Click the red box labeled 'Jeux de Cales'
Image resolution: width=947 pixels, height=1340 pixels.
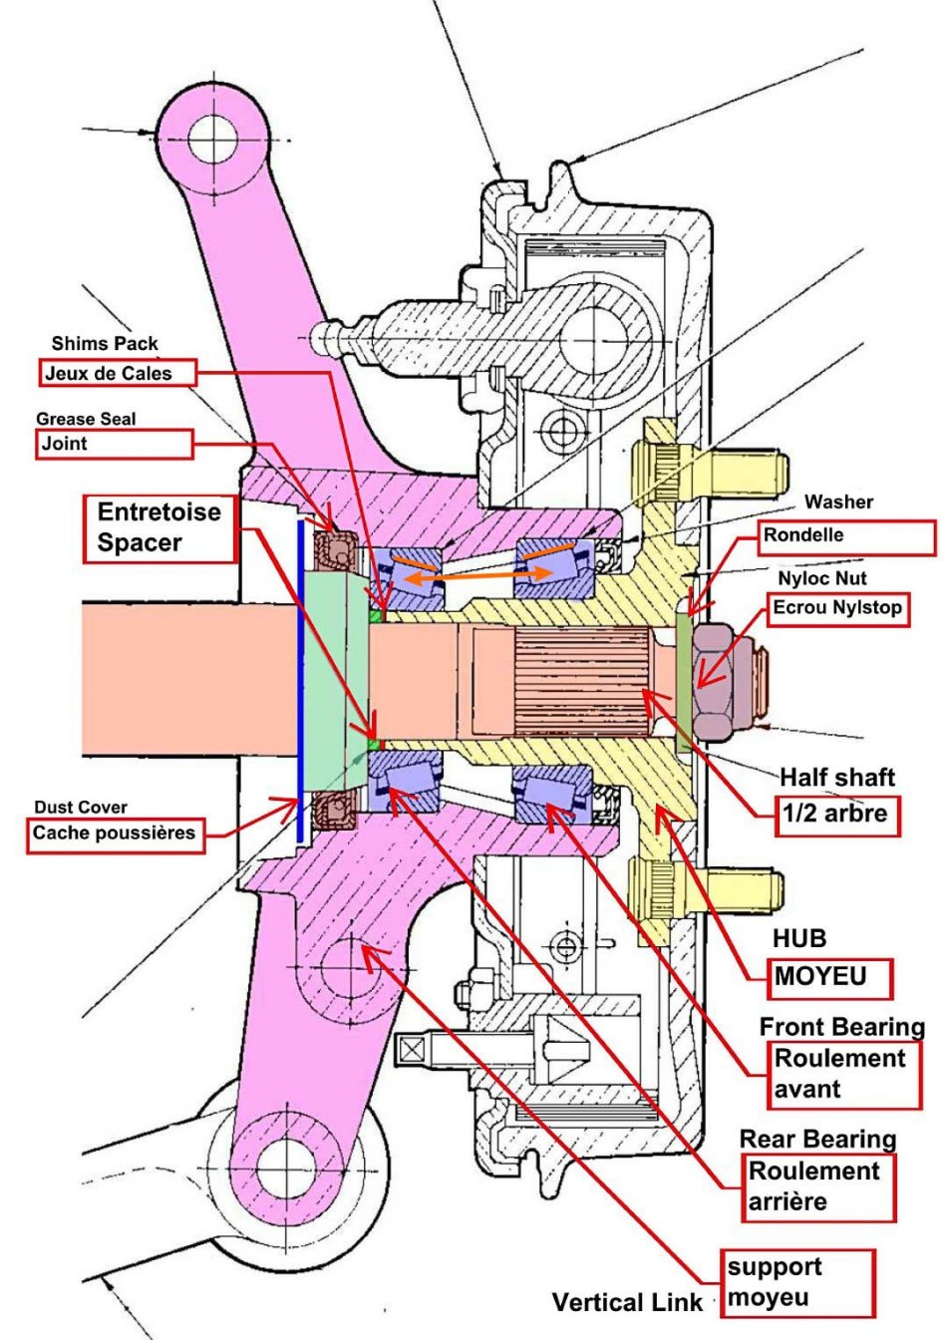[x=118, y=373]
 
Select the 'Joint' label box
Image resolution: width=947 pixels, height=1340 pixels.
[x=114, y=444]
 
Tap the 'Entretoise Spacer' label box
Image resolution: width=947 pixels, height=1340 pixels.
[x=160, y=527]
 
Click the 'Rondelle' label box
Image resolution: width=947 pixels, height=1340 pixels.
[x=846, y=536]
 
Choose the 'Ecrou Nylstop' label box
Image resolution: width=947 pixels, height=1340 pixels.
[x=838, y=607]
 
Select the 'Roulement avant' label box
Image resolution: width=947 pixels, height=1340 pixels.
[x=846, y=1074]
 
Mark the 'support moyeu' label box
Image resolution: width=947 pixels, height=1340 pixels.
[x=797, y=1282]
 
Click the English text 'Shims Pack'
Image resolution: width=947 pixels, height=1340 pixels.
[x=105, y=344]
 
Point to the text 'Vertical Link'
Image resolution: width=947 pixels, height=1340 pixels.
[x=627, y=1302]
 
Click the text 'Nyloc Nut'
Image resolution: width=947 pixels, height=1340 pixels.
[x=822, y=578]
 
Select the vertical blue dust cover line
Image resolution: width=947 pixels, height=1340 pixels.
[x=299, y=678]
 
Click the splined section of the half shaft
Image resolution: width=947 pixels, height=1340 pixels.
[x=578, y=688]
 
